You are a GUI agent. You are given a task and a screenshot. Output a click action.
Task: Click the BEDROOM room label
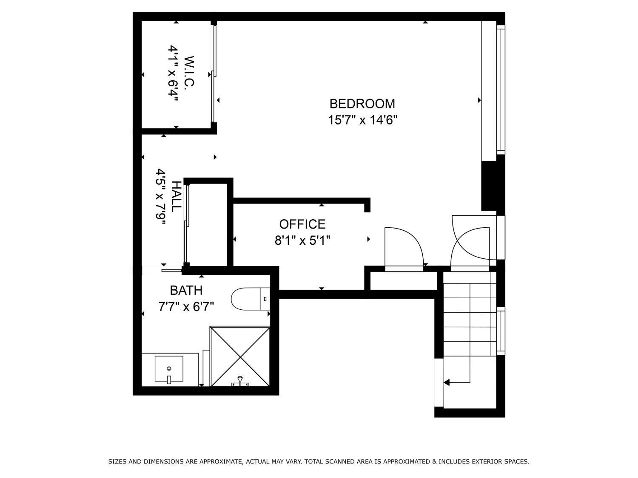[362, 104]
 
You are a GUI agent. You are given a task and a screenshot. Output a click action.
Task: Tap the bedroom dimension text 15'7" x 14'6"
[362, 120]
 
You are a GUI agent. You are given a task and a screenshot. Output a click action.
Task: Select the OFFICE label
[302, 224]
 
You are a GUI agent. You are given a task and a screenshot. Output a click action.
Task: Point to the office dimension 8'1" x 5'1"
[302, 241]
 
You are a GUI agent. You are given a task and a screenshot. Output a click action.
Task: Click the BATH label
[186, 291]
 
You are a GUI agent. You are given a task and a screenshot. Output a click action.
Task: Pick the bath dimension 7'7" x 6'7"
[186, 306]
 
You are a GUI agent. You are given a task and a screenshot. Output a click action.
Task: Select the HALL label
[176, 196]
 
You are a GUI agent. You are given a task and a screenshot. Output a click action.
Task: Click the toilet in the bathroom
[250, 299]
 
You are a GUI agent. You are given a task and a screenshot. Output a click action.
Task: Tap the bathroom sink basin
[169, 369]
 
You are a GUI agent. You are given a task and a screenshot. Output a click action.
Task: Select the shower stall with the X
[240, 356]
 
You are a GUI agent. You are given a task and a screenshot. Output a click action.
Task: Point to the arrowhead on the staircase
[447, 383]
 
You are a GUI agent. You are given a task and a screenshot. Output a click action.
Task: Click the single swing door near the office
[403, 249]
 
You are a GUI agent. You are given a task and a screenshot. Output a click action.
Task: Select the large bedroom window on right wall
[500, 89]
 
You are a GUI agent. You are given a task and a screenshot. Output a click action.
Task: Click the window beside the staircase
[501, 331]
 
